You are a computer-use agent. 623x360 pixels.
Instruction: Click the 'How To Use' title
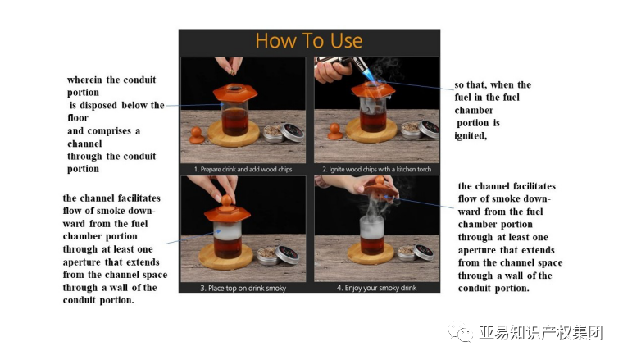309,40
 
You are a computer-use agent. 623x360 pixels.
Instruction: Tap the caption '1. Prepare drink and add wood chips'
243,169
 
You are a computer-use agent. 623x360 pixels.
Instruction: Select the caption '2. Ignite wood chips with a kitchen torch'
376,169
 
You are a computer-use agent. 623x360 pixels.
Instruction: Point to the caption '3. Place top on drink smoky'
243,288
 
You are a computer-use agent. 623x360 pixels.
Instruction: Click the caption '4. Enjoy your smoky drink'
376,288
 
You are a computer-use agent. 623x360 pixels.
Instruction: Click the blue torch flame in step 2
370,75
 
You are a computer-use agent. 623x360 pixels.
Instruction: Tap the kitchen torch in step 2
343,65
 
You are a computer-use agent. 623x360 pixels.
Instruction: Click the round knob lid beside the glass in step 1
197,134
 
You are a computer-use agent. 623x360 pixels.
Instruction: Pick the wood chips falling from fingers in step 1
232,72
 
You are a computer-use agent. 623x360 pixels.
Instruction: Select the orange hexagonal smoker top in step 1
234,92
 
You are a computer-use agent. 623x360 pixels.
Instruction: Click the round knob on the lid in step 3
226,201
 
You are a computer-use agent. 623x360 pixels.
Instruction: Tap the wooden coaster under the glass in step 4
371,253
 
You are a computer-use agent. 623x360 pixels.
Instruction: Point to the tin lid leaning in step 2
429,129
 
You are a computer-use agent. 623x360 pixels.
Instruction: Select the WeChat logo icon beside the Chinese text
461,332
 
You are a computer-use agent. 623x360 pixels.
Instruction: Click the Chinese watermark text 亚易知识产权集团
541,333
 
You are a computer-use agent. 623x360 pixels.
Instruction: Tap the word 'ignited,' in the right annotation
471,136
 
